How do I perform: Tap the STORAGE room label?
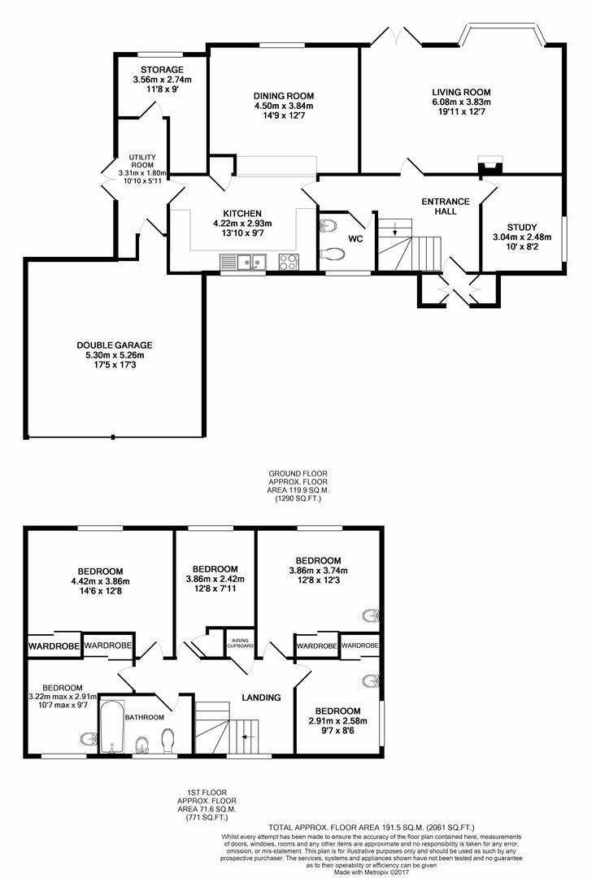tap(161, 70)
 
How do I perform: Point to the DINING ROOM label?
tap(283, 95)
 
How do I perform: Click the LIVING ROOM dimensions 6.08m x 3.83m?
tap(461, 102)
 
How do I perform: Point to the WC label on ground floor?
tap(356, 239)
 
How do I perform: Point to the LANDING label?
tap(261, 698)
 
